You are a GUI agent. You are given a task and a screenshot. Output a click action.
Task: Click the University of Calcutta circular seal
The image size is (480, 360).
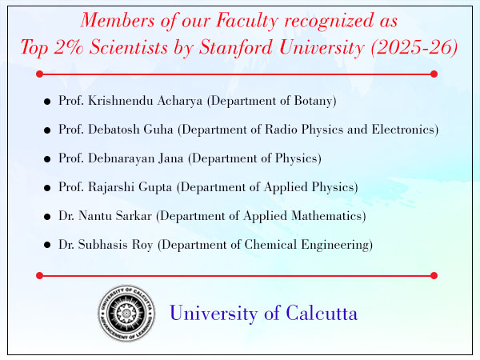click(x=126, y=313)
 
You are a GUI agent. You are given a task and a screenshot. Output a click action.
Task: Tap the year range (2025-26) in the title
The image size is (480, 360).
click(x=414, y=47)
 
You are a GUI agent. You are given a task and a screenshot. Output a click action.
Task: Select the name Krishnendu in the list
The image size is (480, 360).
click(x=121, y=101)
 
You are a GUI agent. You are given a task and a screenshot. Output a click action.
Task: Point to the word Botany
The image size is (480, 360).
click(x=313, y=101)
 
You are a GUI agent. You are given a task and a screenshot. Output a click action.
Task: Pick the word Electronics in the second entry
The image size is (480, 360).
click(x=403, y=129)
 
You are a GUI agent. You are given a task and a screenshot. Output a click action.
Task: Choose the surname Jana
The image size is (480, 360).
click(x=171, y=158)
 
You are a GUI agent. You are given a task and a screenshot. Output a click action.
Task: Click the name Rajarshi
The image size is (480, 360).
click(x=111, y=187)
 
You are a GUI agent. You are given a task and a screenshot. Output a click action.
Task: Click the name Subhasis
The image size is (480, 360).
click(x=103, y=244)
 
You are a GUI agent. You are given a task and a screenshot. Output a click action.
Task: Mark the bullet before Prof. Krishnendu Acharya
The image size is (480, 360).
click(x=47, y=102)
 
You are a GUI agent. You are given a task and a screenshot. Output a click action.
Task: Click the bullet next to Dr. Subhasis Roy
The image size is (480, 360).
click(x=47, y=245)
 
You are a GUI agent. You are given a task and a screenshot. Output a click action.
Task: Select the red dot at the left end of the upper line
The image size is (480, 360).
click(x=39, y=74)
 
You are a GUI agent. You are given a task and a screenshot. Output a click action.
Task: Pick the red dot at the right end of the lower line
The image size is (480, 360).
click(x=434, y=275)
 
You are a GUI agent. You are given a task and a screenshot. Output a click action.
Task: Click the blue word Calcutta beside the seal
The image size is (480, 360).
click(x=322, y=313)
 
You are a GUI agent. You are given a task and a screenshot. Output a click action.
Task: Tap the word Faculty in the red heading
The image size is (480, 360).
click(x=247, y=21)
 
